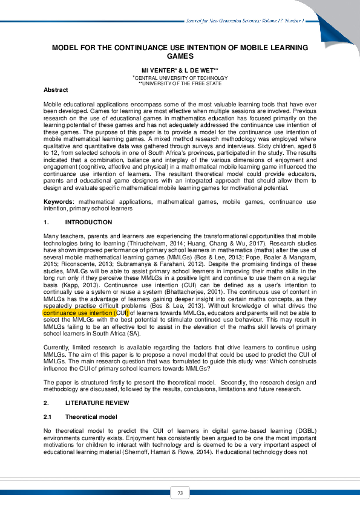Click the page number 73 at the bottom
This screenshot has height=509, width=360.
click(180, 493)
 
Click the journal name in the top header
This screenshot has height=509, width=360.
click(247, 21)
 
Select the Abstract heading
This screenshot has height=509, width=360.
click(56, 89)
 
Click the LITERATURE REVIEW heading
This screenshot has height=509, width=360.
click(97, 402)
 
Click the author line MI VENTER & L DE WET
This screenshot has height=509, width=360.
click(180, 70)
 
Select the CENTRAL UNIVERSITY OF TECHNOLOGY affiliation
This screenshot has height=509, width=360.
click(181, 78)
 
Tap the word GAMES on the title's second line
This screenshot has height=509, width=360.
click(180, 56)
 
